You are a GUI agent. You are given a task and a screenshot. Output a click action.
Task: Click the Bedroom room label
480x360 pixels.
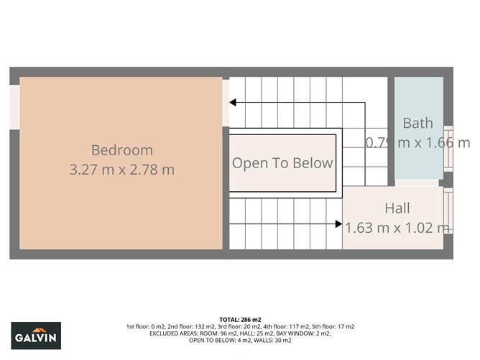[x=121, y=150]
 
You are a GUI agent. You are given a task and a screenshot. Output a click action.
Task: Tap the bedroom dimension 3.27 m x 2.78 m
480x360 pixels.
[x=121, y=170]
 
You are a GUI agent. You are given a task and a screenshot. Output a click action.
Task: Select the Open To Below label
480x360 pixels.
[x=282, y=163]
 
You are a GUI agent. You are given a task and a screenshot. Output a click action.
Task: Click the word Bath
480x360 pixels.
[x=417, y=123]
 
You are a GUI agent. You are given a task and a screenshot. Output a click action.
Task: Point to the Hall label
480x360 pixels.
[x=397, y=208]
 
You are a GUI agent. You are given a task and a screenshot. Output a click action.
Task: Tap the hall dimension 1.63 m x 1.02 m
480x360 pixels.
[x=397, y=228]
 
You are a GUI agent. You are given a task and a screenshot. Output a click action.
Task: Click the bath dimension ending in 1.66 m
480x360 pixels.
[x=418, y=142]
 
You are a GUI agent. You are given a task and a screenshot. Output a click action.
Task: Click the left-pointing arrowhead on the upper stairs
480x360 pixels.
[x=234, y=103]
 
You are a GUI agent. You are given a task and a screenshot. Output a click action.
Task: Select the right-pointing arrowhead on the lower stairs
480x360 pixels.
[x=338, y=223]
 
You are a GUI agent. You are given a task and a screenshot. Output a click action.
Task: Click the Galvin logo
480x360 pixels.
[x=36, y=335]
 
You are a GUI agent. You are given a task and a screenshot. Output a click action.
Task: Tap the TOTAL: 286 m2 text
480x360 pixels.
[x=240, y=319]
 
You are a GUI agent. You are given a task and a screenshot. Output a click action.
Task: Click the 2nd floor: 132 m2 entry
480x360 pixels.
[x=185, y=326]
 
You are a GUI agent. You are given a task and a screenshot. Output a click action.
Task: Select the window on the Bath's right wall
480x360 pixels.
[x=448, y=148]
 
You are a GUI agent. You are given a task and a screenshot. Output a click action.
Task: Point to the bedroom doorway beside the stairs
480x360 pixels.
[x=226, y=103]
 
